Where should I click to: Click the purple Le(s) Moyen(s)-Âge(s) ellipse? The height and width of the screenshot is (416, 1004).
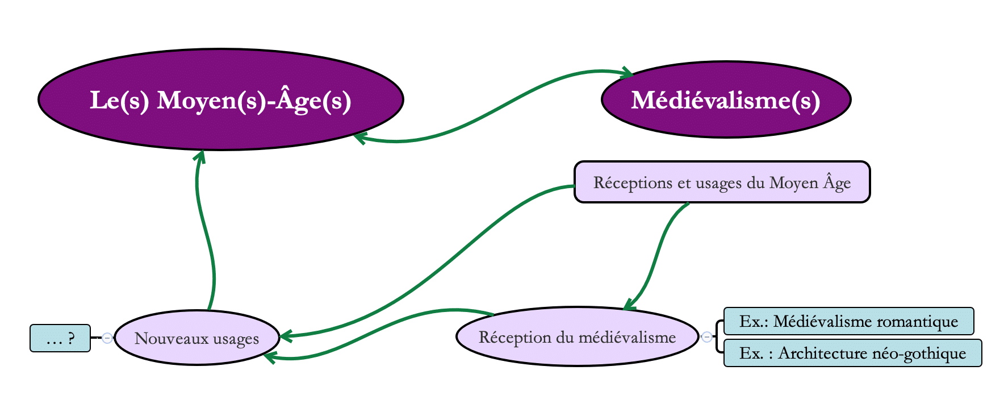pyautogui.click(x=220, y=99)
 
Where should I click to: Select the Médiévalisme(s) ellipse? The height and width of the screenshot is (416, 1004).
pyautogui.click(x=726, y=100)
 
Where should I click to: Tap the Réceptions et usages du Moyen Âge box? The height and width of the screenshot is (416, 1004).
pyautogui.click(x=722, y=182)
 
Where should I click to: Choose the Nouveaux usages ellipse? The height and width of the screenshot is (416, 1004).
pyautogui.click(x=196, y=338)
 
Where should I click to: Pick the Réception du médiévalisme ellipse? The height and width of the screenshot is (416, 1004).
pyautogui.click(x=577, y=337)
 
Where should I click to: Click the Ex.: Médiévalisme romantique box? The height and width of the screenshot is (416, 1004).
pyautogui.click(x=848, y=322)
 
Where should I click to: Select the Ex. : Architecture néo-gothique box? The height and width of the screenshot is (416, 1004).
pyautogui.click(x=852, y=353)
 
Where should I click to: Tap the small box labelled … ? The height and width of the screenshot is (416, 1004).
pyautogui.click(x=60, y=339)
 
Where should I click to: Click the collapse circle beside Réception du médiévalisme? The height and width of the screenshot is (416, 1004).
pyautogui.click(x=706, y=337)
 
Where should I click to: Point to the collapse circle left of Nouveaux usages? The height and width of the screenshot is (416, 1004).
pyautogui.click(x=107, y=338)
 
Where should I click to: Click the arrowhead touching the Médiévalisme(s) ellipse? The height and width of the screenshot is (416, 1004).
pyautogui.click(x=627, y=72)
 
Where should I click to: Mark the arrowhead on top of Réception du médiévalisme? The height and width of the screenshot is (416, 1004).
pyautogui.click(x=629, y=306)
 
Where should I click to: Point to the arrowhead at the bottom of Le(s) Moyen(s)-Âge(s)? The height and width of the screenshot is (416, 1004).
pyautogui.click(x=199, y=155)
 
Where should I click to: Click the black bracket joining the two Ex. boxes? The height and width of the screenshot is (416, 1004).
pyautogui.click(x=718, y=337)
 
